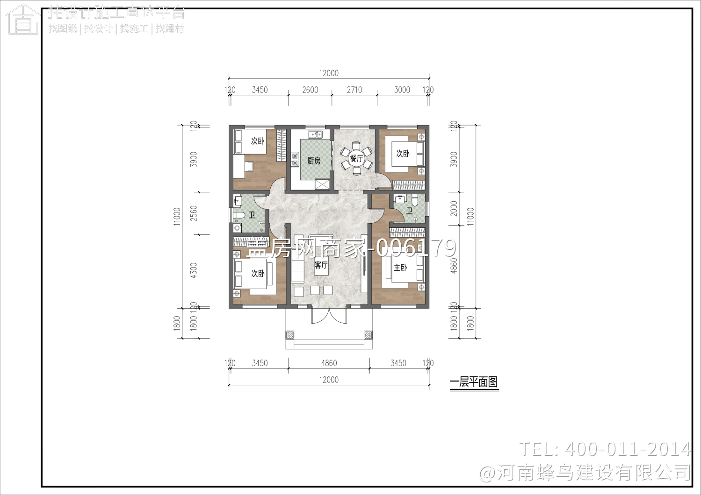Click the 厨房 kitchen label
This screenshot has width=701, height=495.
click(x=314, y=161)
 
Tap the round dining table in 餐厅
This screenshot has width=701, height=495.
click(x=356, y=158)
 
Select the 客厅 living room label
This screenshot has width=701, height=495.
click(x=321, y=265)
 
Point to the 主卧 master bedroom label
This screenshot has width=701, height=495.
click(x=400, y=268)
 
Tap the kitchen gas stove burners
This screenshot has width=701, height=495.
click(x=295, y=160)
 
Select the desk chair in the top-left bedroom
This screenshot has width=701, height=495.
click(x=249, y=165)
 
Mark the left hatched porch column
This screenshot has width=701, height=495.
click(x=290, y=335)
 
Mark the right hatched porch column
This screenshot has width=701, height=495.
click(x=368, y=335)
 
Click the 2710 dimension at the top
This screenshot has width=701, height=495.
click(x=354, y=90)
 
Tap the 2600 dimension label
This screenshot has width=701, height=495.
click(x=310, y=90)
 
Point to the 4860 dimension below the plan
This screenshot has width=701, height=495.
click(x=329, y=363)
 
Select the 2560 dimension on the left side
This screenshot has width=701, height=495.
click(x=194, y=213)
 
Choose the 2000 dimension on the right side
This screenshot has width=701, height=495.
click(x=454, y=209)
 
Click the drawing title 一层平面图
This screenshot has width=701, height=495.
click(x=474, y=382)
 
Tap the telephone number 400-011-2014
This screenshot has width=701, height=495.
click(x=627, y=449)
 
